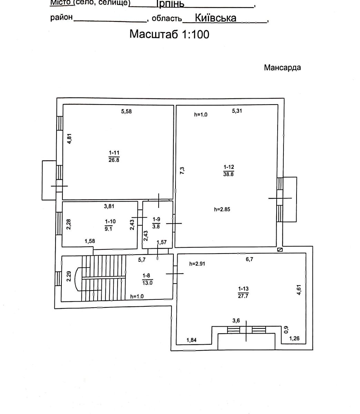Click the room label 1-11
click(114, 153)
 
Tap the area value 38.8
click(228, 174)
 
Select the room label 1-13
click(243, 288)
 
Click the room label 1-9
click(156, 219)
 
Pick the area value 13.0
click(147, 283)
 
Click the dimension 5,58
click(127, 111)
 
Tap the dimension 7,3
click(182, 170)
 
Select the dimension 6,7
click(249, 259)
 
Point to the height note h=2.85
click(222, 209)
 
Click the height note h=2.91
click(197, 264)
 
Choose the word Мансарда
click(282, 68)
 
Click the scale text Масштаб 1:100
click(169, 34)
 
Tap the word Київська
click(216, 18)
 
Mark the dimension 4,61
click(299, 290)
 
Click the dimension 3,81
click(109, 206)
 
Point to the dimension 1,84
click(191, 340)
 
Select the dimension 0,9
click(286, 330)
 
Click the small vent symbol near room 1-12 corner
click(280, 250)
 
